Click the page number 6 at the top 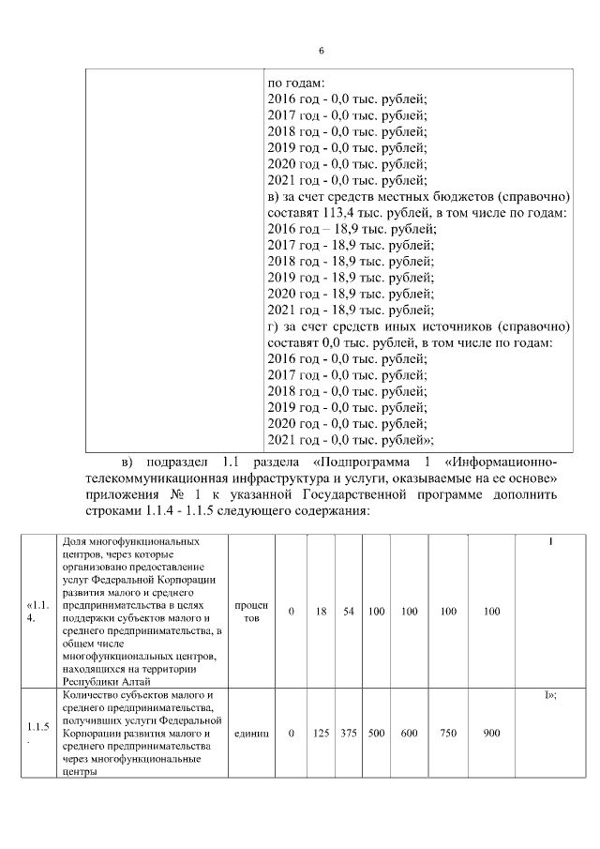click(x=321, y=50)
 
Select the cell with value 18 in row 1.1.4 click(x=321, y=612)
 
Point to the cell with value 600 click(x=409, y=733)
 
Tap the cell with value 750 click(x=448, y=733)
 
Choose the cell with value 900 click(x=492, y=733)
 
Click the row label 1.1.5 click(x=38, y=727)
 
